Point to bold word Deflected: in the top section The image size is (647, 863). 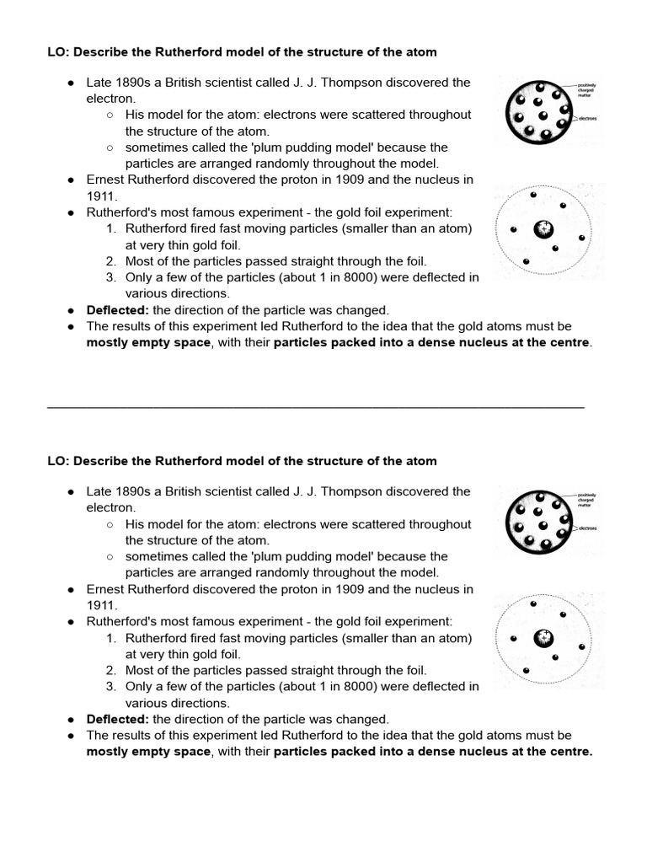(x=117, y=310)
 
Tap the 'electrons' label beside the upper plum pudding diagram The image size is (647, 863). (x=587, y=119)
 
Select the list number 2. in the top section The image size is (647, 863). (x=111, y=261)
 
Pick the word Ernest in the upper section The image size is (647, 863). (x=107, y=180)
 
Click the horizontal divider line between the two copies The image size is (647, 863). (x=315, y=406)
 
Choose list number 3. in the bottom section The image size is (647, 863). (x=111, y=686)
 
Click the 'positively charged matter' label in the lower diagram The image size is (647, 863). (x=586, y=499)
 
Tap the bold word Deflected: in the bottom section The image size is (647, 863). (x=117, y=719)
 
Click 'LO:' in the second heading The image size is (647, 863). (x=57, y=461)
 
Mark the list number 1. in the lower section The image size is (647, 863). (x=111, y=638)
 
